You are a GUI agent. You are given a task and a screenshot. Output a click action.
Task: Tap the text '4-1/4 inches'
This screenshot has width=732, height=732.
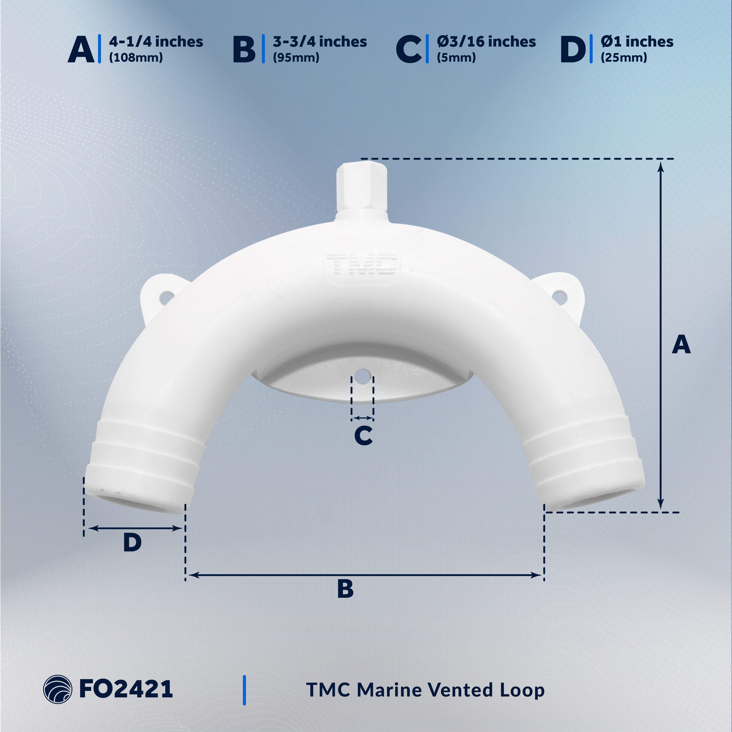pos(156,42)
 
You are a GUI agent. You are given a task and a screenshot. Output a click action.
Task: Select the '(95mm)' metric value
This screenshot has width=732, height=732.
pos(296,58)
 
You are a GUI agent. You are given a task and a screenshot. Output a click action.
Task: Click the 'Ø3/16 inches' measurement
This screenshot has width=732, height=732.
pos(486,42)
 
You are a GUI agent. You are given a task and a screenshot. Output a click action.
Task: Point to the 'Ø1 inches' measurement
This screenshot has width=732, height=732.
pos(637,42)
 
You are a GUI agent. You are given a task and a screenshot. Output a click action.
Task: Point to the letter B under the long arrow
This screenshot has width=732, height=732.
pos(345,589)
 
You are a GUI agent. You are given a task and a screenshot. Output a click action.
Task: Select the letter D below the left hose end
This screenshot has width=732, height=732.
pos(132,543)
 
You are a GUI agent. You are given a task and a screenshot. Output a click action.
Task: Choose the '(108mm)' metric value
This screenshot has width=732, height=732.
pos(136,58)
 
